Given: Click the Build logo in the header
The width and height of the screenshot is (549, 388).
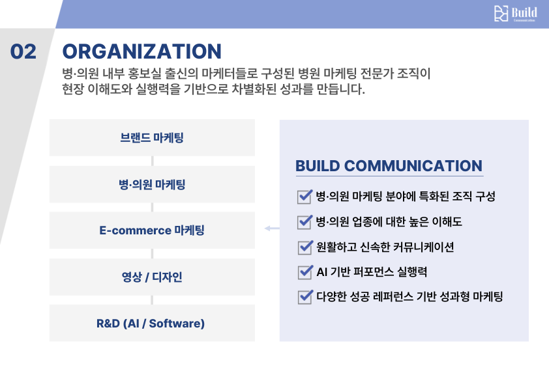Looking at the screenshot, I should (515, 14).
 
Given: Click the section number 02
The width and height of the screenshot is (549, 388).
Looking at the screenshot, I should (24, 51).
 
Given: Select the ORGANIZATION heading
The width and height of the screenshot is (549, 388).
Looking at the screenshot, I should (141, 51).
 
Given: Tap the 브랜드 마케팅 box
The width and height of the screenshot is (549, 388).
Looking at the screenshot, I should (152, 137).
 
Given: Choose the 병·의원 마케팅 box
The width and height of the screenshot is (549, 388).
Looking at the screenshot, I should (152, 184).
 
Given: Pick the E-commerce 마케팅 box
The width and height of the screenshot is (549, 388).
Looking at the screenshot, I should (152, 230).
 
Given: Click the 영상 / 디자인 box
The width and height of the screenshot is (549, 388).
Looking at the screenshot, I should (152, 277).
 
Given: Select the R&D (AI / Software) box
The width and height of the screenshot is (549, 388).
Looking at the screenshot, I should (152, 323).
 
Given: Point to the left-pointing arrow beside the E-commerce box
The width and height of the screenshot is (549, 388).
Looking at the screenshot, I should (271, 229).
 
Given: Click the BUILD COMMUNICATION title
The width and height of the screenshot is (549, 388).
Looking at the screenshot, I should (389, 165).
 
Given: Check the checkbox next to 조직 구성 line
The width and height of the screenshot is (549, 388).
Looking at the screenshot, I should (304, 196).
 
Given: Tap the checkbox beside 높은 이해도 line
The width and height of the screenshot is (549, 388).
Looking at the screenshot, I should (304, 221).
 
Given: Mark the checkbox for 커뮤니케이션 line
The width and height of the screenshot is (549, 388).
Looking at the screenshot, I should (304, 247).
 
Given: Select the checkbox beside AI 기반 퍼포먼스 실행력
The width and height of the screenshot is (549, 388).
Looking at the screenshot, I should (304, 271).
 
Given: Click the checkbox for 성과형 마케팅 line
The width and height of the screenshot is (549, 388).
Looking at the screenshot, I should (304, 297).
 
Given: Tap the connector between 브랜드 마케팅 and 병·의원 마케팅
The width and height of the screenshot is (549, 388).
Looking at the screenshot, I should (152, 161).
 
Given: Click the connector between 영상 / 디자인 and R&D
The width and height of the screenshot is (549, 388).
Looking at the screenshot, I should (152, 300).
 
